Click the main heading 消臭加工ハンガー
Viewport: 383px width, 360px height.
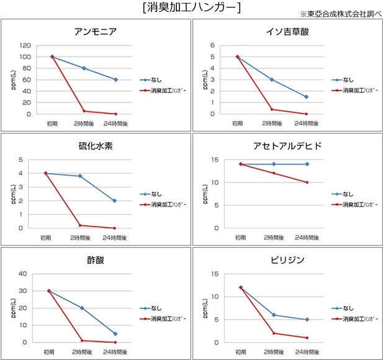191,7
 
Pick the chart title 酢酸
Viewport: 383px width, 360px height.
96,260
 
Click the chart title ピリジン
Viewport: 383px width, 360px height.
286,260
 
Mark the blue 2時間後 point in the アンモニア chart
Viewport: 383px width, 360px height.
84,68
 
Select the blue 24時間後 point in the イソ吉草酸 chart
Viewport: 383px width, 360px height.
306,97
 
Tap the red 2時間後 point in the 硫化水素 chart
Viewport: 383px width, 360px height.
80,225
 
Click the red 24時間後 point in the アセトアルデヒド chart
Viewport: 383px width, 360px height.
306,182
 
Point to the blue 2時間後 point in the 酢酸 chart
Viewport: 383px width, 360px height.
82,308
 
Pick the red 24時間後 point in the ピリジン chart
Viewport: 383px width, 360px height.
306,338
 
